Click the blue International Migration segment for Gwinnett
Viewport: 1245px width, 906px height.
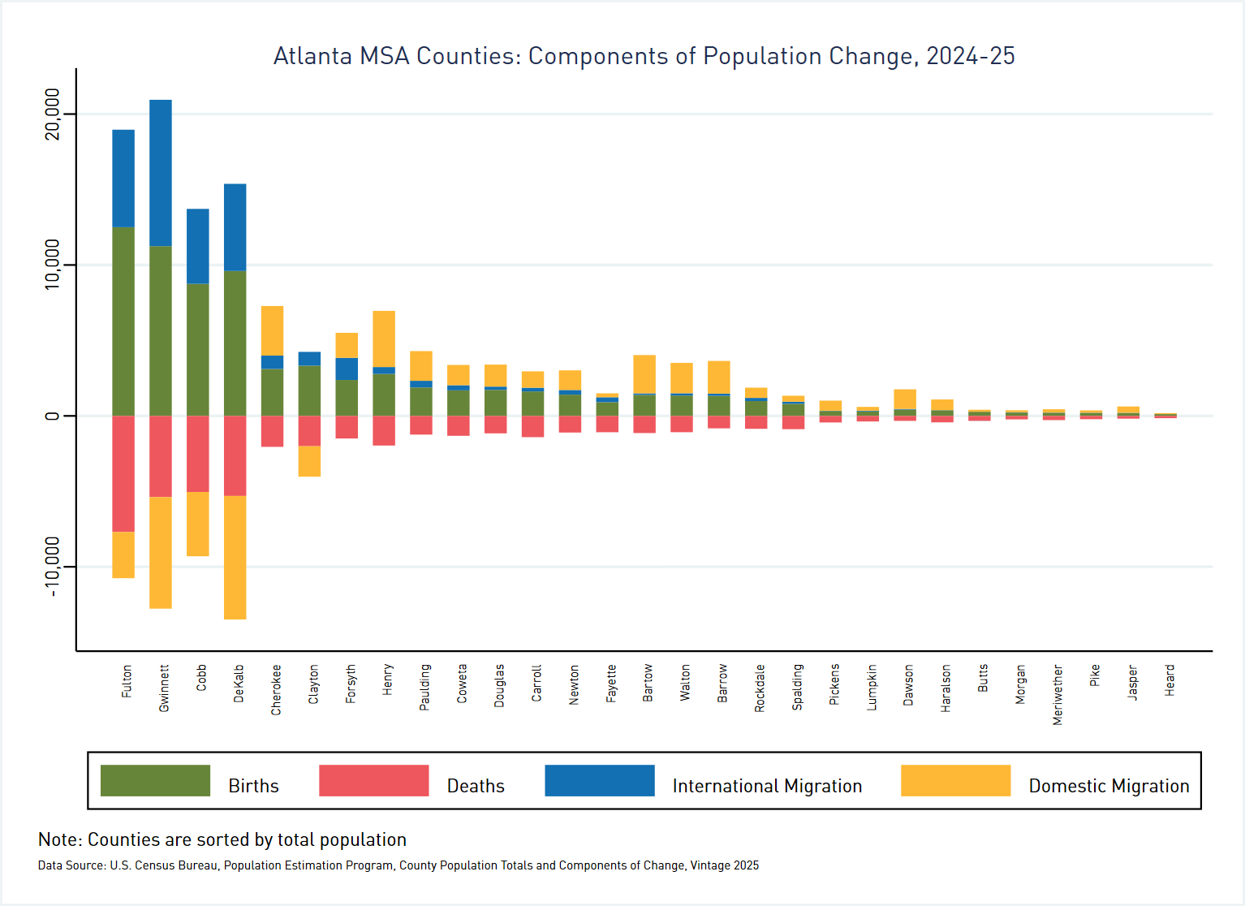click(161, 172)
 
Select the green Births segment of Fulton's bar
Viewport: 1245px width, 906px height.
click(123, 321)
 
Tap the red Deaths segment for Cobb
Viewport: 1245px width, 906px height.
click(198, 454)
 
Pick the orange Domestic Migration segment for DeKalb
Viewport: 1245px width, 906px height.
click(235, 557)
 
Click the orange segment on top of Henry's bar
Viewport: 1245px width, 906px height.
click(384, 339)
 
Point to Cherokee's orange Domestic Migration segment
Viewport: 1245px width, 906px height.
click(272, 330)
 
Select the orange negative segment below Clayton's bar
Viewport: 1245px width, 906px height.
click(309, 461)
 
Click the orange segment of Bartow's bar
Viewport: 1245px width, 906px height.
click(644, 374)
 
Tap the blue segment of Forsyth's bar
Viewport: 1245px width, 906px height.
click(347, 369)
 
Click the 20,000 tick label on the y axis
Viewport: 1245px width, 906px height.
click(53, 114)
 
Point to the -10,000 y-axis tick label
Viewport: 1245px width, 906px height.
click(53, 567)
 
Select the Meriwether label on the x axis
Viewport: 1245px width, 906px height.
click(1058, 695)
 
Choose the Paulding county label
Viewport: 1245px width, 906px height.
click(424, 688)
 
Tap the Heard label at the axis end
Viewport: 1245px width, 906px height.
click(1170, 680)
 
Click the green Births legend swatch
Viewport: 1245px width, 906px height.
click(155, 781)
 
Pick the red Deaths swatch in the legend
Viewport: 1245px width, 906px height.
click(373, 781)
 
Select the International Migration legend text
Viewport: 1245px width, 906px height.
click(767, 786)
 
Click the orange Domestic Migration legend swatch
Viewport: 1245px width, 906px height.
click(955, 781)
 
